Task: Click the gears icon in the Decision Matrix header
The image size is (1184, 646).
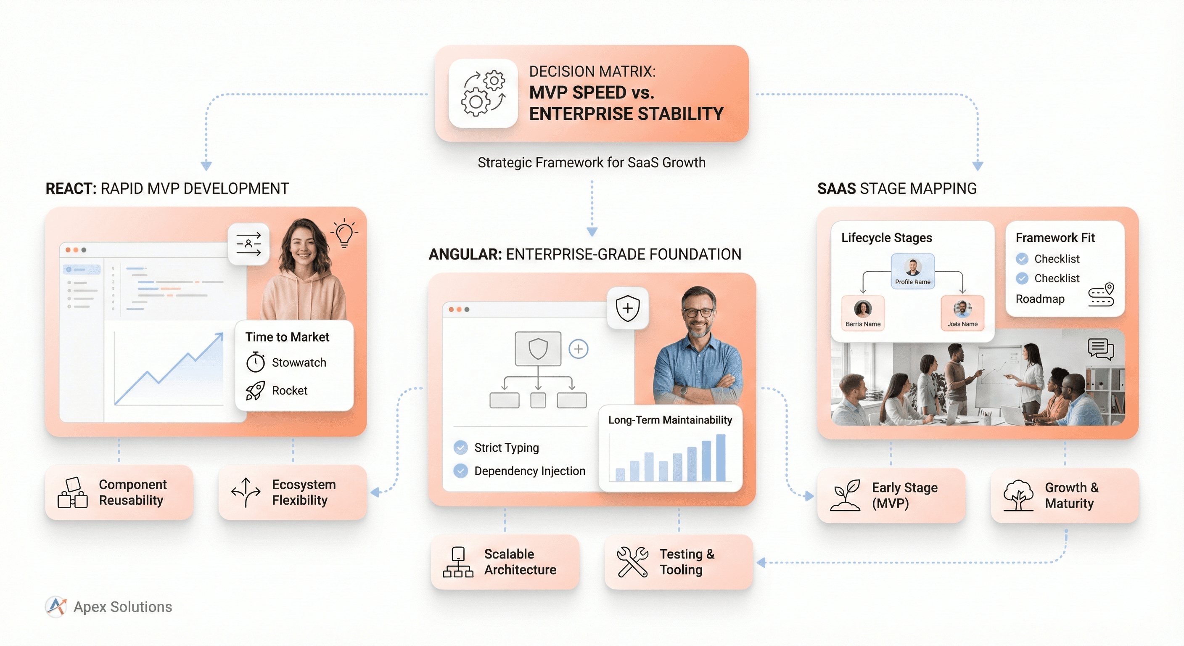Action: pyautogui.click(x=483, y=93)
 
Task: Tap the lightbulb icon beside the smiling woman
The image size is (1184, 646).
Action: pyautogui.click(x=344, y=233)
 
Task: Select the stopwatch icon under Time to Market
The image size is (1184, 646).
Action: pyautogui.click(x=256, y=362)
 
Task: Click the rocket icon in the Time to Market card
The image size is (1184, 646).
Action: pyautogui.click(x=255, y=391)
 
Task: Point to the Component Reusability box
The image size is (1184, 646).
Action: pyautogui.click(x=119, y=492)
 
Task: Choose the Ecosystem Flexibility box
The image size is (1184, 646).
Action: pyautogui.click(x=292, y=492)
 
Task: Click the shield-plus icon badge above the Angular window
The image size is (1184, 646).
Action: pyautogui.click(x=627, y=308)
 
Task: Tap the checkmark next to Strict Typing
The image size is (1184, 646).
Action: pyautogui.click(x=460, y=447)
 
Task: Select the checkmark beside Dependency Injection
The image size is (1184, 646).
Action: pyautogui.click(x=460, y=471)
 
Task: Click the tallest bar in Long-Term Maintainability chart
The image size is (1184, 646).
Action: pyautogui.click(x=720, y=458)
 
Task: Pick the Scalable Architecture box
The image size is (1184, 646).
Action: pyautogui.click(x=505, y=562)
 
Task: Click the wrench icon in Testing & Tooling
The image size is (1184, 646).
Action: pyautogui.click(x=632, y=562)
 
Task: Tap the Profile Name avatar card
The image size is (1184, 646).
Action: pyautogui.click(x=912, y=271)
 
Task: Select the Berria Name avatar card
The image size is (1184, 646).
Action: pyautogui.click(x=863, y=313)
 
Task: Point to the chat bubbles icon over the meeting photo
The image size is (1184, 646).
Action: pyautogui.click(x=1101, y=349)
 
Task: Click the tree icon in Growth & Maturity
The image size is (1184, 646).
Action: pyautogui.click(x=1018, y=496)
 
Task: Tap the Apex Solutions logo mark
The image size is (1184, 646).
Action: pyautogui.click(x=56, y=606)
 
